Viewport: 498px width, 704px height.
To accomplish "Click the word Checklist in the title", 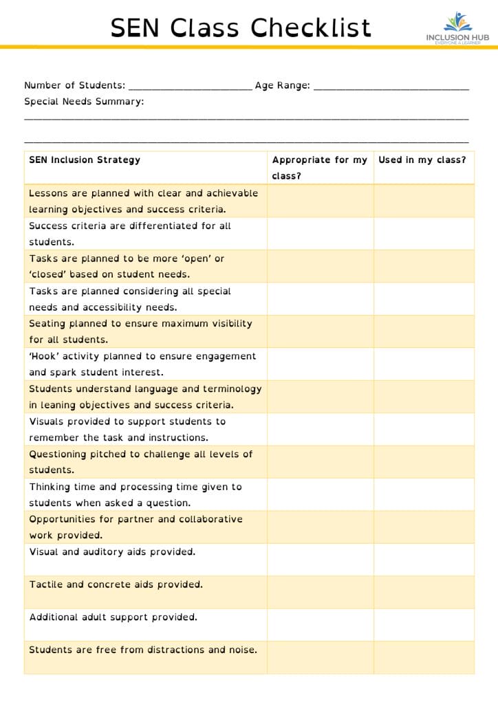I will pyautogui.click(x=311, y=28).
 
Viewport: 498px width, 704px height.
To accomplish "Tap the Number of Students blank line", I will pyautogui.click(x=190, y=87).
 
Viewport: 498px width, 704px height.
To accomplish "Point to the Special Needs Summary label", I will pyautogui.click(x=84, y=102).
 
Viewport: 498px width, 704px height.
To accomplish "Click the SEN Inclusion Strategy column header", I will pyautogui.click(x=85, y=160).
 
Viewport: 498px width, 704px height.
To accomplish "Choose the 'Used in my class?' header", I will pyautogui.click(x=422, y=160).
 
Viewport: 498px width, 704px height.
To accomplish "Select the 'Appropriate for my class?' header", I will pyautogui.click(x=320, y=168).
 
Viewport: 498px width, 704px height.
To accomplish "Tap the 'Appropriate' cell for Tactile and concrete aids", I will pyautogui.click(x=321, y=592).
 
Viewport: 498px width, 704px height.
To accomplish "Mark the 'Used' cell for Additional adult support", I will pyautogui.click(x=424, y=624).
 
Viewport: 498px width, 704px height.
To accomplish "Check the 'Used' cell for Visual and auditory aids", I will pyautogui.click(x=424, y=560).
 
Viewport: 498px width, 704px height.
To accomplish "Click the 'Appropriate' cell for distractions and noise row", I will pyautogui.click(x=321, y=657).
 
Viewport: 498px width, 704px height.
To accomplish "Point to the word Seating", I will pyautogui.click(x=48, y=324).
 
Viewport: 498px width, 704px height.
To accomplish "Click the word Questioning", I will pyautogui.click(x=58, y=454).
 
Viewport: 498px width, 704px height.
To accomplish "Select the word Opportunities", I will pyautogui.click(x=63, y=519).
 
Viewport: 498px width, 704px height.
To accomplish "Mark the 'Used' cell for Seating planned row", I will pyautogui.click(x=424, y=331).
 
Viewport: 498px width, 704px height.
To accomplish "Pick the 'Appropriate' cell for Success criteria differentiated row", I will pyautogui.click(x=321, y=234).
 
